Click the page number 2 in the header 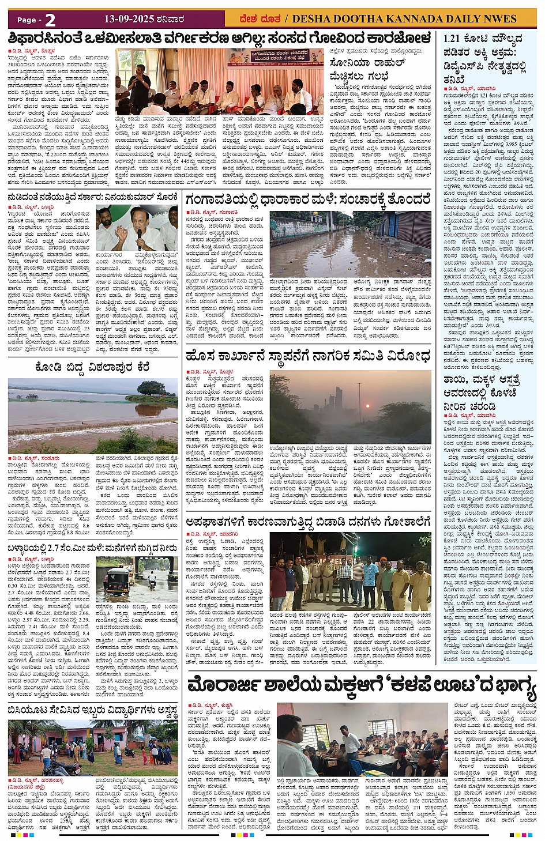coord(50,20)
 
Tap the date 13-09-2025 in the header coord(129,19)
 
